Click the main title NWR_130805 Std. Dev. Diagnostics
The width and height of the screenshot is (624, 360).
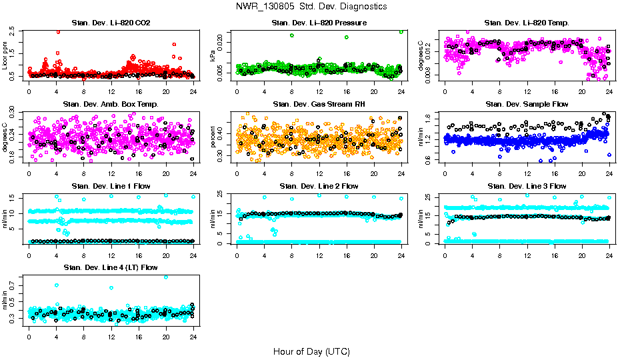pos(311,7)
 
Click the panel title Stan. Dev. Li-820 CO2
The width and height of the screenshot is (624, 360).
pos(111,23)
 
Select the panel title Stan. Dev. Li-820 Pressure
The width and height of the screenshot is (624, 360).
pos(319,23)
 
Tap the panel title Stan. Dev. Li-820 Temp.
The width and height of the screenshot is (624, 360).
pos(527,23)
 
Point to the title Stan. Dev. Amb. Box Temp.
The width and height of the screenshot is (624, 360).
pos(111,104)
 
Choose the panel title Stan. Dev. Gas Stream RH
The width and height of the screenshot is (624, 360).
pos(319,104)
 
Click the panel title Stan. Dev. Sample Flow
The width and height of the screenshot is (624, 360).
pos(527,104)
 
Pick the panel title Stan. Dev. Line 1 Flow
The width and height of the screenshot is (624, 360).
pos(111,186)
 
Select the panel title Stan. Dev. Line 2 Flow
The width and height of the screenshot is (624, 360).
pos(319,186)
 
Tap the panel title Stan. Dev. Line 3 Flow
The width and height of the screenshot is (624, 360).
pos(527,186)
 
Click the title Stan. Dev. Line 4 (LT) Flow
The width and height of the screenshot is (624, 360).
pos(111,267)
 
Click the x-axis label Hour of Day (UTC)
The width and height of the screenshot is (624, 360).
pos(311,351)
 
